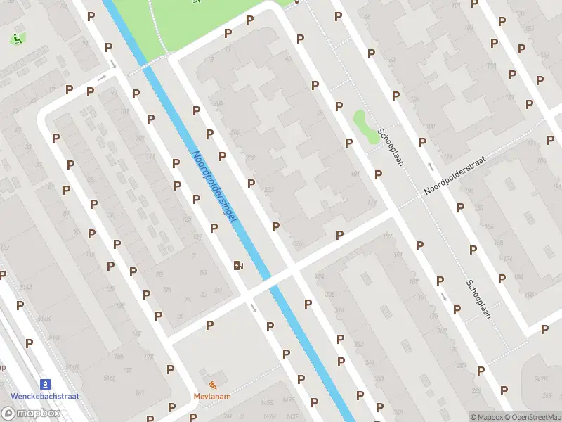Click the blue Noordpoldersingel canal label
(x=214, y=188)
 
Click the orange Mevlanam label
(x=212, y=397)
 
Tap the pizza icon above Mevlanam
(x=212, y=385)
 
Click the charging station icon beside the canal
(x=238, y=265)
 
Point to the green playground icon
(x=15, y=39)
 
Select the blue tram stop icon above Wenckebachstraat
(x=46, y=384)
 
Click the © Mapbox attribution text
(x=487, y=417)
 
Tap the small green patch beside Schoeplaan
(x=362, y=126)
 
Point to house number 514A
(x=26, y=288)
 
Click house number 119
(x=372, y=204)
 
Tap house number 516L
(x=110, y=378)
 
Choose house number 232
(x=250, y=158)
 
